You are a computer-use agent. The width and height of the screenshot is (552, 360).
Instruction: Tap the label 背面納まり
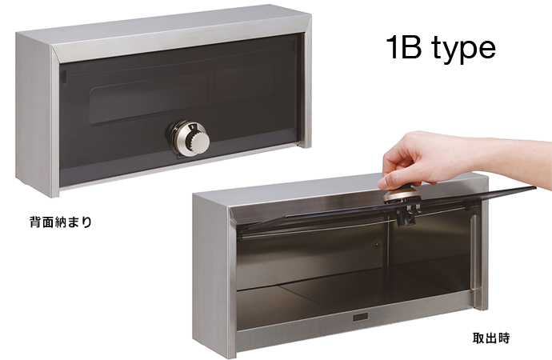pyautogui.click(x=61, y=222)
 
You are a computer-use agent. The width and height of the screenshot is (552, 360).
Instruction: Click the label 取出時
pyautogui.click(x=491, y=338)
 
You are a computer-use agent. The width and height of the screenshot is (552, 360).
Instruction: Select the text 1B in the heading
pyautogui.click(x=403, y=47)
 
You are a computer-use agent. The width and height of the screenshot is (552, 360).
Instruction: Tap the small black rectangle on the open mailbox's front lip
pyautogui.click(x=360, y=317)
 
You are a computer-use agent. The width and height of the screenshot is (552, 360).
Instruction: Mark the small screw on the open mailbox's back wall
pyautogui.click(x=377, y=244)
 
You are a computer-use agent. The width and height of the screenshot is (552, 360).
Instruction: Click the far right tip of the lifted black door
pyautogui.click(x=535, y=187)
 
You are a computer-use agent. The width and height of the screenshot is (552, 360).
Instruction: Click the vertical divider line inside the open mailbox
pyautogui.click(x=388, y=246)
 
